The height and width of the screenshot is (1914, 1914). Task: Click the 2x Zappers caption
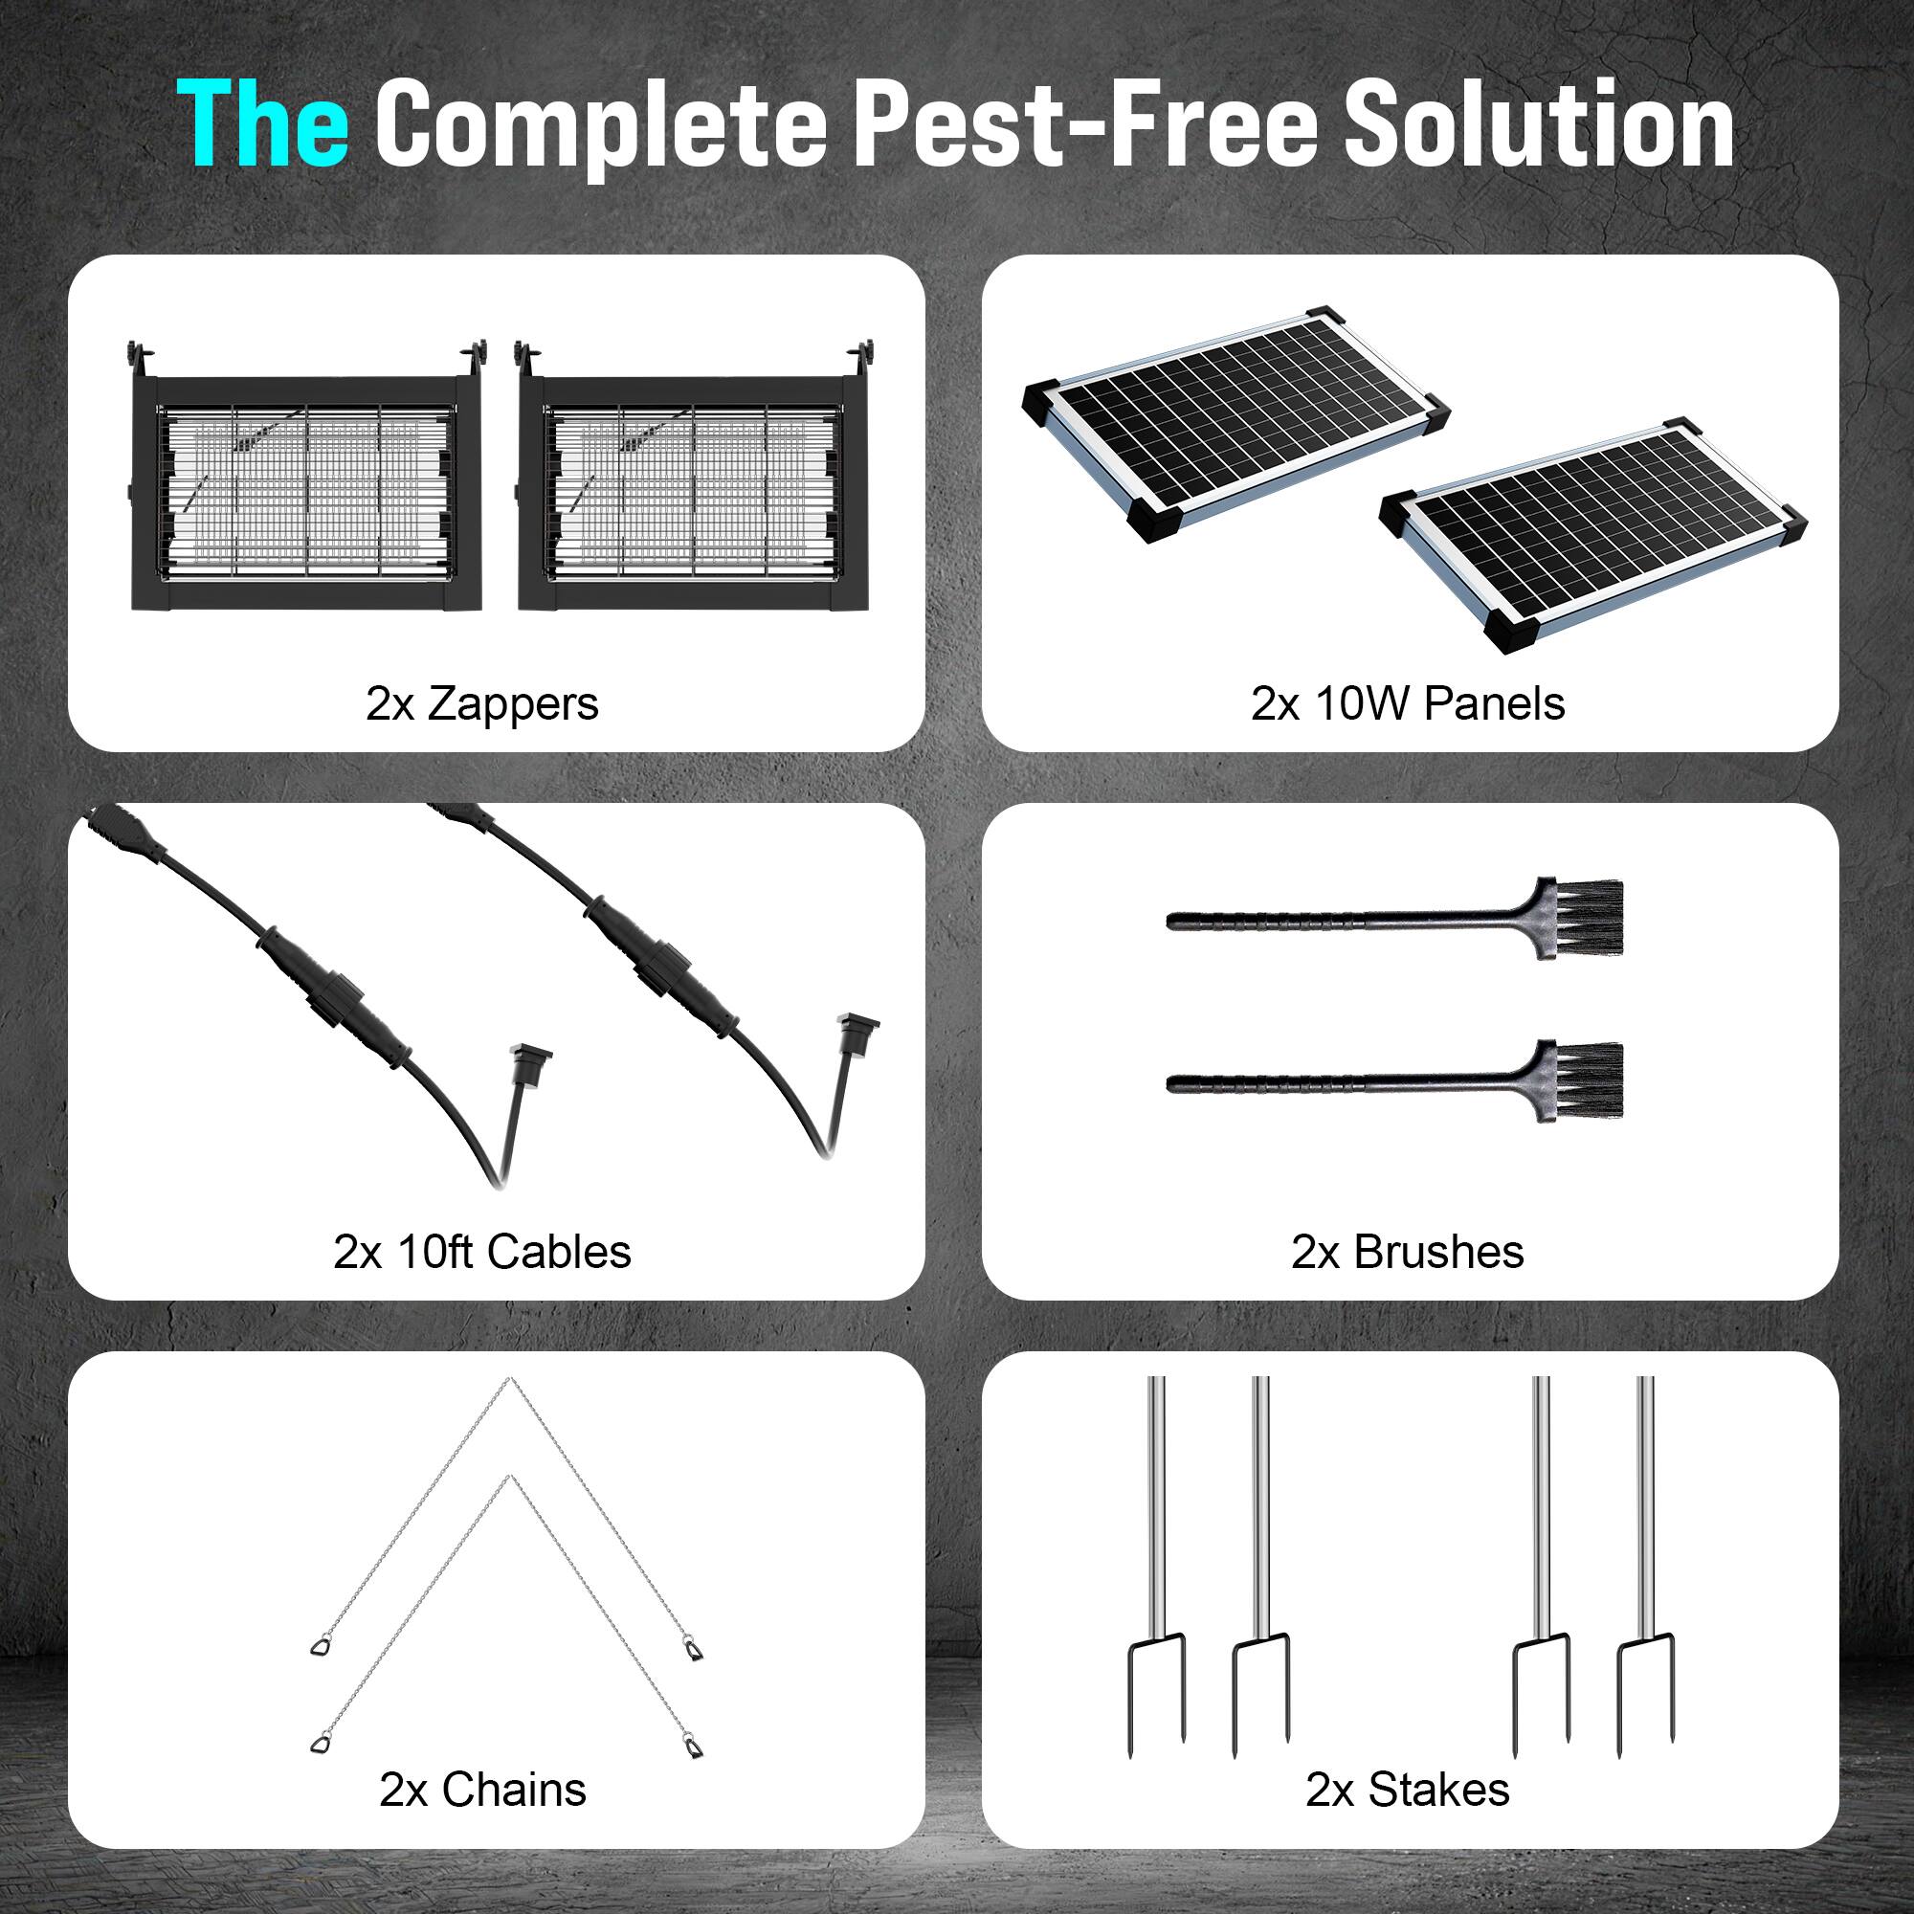(482, 703)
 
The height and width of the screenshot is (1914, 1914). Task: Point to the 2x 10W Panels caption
(1408, 703)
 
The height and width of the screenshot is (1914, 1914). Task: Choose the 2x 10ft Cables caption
(482, 1251)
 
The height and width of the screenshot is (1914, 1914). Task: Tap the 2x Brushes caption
(1408, 1251)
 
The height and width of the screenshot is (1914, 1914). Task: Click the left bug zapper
(306, 476)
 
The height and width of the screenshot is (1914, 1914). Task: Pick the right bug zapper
(694, 476)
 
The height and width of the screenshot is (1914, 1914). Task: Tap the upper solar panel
(1236, 423)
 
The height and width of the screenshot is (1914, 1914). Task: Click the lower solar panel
(1594, 535)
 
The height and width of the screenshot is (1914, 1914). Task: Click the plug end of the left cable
(528, 1063)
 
